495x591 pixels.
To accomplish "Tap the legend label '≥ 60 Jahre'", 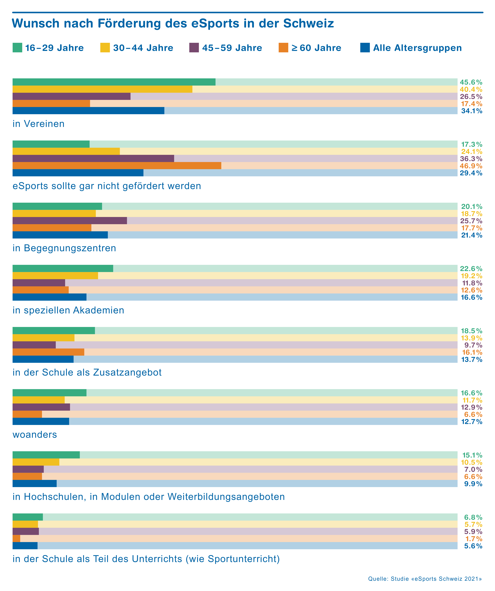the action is point(316,48).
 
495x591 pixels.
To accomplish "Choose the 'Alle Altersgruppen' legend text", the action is point(417,48).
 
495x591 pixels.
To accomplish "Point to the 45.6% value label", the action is point(471,82).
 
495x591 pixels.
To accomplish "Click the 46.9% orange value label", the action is point(471,166).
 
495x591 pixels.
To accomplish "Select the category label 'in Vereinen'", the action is point(39,124).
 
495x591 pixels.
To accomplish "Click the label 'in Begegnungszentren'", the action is point(64,248).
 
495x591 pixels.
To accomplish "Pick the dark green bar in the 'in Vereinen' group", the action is point(114,82).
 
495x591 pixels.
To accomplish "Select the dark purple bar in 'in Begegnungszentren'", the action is point(70,221).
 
